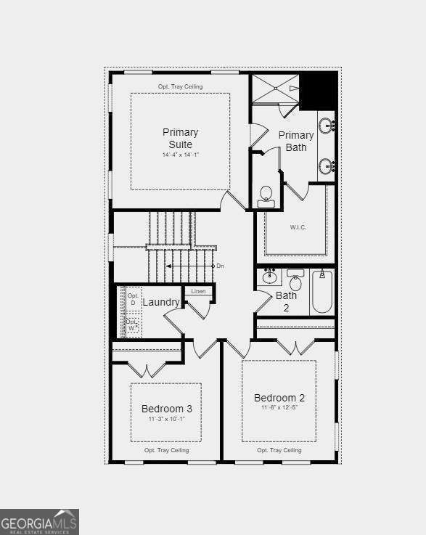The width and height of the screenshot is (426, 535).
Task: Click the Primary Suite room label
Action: tap(180, 138)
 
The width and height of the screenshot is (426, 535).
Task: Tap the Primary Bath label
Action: tap(296, 141)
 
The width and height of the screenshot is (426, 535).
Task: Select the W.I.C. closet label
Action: tap(298, 227)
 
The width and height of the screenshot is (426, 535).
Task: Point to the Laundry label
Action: tap(160, 302)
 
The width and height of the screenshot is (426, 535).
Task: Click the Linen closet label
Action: tap(198, 291)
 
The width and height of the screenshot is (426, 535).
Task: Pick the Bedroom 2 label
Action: tap(279, 398)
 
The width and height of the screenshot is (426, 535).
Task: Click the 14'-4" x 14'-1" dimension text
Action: tap(180, 155)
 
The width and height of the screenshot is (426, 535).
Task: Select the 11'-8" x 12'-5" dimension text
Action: tap(279, 407)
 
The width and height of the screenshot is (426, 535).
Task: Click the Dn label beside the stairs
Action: tap(220, 266)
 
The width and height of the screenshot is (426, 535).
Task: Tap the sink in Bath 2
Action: tap(270, 277)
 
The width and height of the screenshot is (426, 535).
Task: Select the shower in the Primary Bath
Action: tap(275, 89)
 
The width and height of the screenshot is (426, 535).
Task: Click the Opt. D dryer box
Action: tap(133, 299)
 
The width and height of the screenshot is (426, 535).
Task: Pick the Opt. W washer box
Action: tap(133, 324)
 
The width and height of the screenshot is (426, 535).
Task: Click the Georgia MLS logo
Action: tap(39, 522)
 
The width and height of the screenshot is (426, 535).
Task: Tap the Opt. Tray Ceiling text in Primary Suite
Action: tap(180, 87)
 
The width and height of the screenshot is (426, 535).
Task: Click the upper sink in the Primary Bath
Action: tap(327, 126)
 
